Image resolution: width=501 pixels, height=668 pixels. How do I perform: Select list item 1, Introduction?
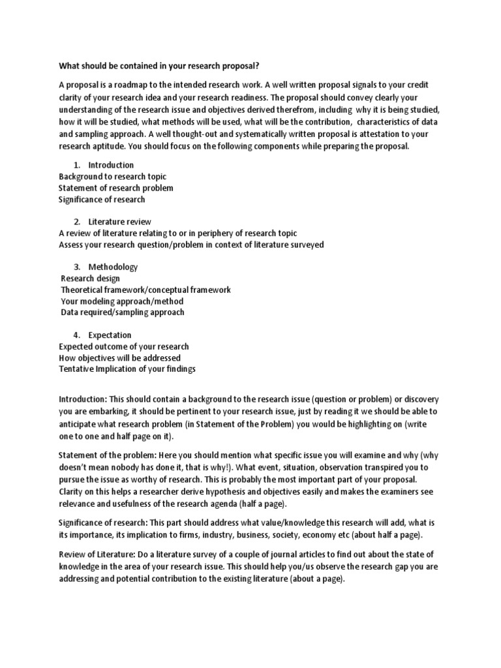(x=111, y=165)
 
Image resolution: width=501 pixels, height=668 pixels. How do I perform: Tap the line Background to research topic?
(x=112, y=177)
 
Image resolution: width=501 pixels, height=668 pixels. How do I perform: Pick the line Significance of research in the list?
(x=102, y=199)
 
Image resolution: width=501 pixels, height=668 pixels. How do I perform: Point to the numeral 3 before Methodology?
(x=76, y=267)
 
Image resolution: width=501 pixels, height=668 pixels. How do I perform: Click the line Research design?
(x=90, y=279)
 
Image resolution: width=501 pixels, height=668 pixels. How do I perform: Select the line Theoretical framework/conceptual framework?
(x=145, y=290)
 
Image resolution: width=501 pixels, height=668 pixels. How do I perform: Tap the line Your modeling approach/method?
(x=122, y=301)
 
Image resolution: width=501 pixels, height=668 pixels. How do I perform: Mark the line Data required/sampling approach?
(x=123, y=312)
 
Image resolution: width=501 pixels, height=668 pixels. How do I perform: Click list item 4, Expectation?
(x=110, y=335)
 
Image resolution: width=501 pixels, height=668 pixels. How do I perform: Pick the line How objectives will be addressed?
(x=120, y=358)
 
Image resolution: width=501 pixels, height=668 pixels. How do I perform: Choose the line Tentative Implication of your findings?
(x=127, y=369)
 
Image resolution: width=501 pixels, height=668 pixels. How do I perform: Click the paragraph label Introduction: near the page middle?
(x=83, y=399)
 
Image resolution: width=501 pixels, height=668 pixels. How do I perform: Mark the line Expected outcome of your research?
(x=124, y=346)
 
